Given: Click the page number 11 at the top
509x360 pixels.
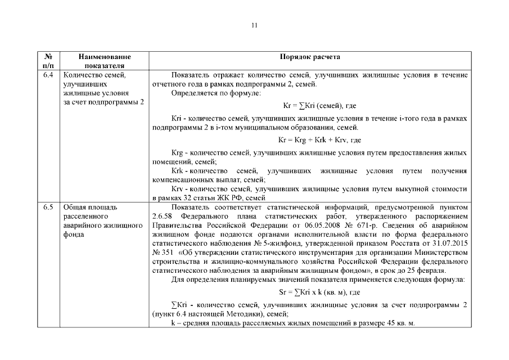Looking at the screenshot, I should point(254,25).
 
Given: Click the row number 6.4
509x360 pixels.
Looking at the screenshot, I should point(48,75).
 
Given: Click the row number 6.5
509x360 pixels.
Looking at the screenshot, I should point(48,207).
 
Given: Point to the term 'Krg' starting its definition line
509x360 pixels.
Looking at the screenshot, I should point(178,153).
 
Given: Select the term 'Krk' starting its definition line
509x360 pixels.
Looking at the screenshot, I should point(178,170).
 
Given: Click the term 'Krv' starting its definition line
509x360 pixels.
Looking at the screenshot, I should point(178,188).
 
